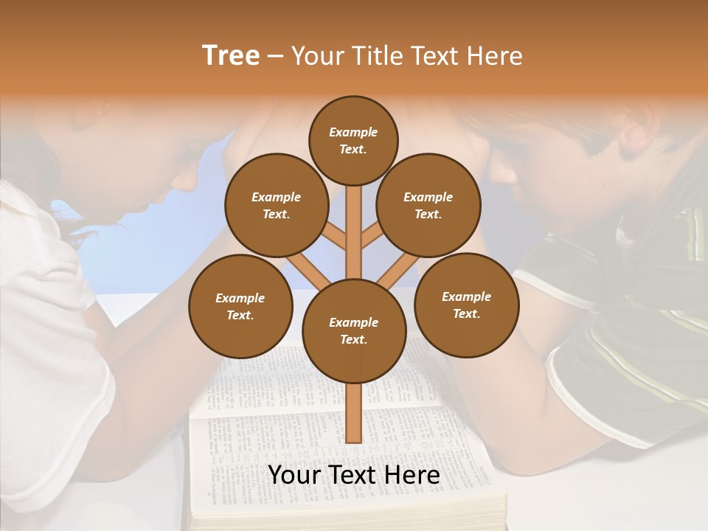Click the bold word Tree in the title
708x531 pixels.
click(231, 56)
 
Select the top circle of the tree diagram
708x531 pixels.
click(353, 140)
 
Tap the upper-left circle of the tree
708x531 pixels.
click(276, 206)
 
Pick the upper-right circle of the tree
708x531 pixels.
click(428, 206)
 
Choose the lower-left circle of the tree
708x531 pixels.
click(240, 307)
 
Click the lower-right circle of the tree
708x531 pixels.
click(466, 305)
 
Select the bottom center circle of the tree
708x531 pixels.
click(353, 331)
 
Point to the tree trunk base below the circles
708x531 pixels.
click(353, 413)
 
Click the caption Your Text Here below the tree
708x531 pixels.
click(353, 476)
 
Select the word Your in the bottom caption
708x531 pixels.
click(294, 476)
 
